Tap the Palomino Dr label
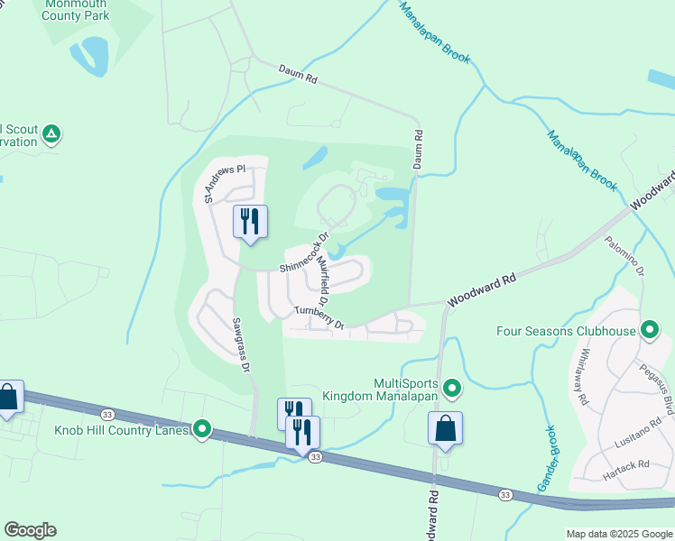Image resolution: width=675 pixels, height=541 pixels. pos(624,256)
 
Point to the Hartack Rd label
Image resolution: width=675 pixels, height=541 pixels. pos(630,465)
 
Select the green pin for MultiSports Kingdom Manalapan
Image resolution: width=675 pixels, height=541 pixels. pos(453,389)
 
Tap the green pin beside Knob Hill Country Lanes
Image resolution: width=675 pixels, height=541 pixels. pos(202,430)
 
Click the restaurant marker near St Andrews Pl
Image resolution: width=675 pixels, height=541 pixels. pos(250,221)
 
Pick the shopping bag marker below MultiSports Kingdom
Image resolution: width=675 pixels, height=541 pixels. pos(446,427)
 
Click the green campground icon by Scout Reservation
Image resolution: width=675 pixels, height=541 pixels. pos(52,134)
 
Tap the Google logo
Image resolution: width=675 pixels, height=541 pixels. pos(30,530)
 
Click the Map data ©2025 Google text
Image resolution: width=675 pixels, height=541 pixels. pos(619,534)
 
